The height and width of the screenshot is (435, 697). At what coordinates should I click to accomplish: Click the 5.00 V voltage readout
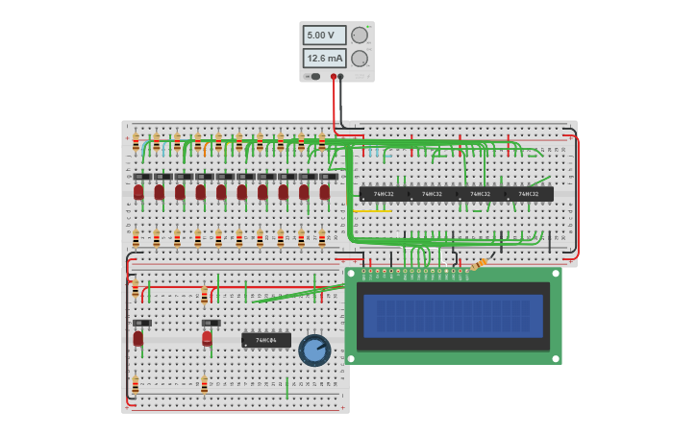pyautogui.click(x=324, y=35)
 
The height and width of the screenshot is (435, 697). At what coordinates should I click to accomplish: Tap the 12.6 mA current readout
pyautogui.click(x=324, y=58)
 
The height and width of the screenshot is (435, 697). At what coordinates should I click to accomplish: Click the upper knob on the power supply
pyautogui.click(x=360, y=36)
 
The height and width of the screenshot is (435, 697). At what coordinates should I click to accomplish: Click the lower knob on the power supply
pyautogui.click(x=360, y=59)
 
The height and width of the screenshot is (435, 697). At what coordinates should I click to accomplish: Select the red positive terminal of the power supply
pyautogui.click(x=334, y=77)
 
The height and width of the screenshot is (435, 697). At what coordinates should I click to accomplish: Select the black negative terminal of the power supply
pyautogui.click(x=340, y=77)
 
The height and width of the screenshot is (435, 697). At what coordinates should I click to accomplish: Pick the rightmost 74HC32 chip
pyautogui.click(x=529, y=194)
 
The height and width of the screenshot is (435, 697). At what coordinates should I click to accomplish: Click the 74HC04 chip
pyautogui.click(x=265, y=340)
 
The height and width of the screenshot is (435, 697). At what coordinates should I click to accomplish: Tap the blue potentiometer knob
pyautogui.click(x=314, y=350)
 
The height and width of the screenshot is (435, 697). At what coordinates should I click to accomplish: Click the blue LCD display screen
pyautogui.click(x=453, y=315)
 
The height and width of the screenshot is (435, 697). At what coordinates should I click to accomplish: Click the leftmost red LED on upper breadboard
pyautogui.click(x=138, y=192)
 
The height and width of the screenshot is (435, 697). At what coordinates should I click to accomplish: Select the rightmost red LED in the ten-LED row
pyautogui.click(x=325, y=192)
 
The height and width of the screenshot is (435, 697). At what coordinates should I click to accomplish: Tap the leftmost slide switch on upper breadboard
pyautogui.click(x=141, y=177)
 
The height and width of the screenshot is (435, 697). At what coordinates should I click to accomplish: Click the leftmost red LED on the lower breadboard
pyautogui.click(x=138, y=338)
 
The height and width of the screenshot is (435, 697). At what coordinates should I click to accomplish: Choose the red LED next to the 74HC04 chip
pyautogui.click(x=207, y=338)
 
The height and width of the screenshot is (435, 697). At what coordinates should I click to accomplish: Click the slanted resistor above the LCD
pyautogui.click(x=479, y=264)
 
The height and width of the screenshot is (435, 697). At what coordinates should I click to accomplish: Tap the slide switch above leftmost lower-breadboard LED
pyautogui.click(x=141, y=323)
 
